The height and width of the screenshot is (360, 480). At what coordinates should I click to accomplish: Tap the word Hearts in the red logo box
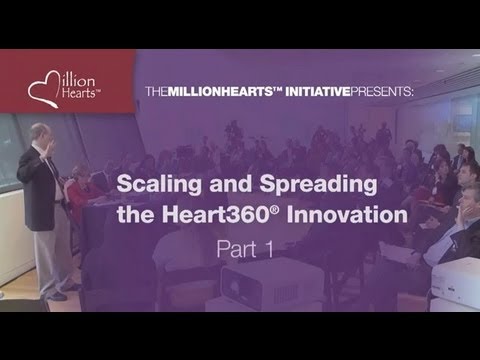(80, 93)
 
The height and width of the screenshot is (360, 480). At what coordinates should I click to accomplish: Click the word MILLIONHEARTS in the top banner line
(220, 91)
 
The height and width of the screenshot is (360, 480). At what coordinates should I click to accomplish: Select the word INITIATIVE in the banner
(317, 91)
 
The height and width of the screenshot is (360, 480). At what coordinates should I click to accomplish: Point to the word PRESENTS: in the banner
(382, 91)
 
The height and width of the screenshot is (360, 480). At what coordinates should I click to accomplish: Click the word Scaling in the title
(159, 185)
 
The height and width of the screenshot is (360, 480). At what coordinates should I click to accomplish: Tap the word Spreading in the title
(318, 185)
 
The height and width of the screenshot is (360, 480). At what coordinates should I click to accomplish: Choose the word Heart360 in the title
(215, 214)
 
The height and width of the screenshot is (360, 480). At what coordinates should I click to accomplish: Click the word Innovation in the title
(347, 214)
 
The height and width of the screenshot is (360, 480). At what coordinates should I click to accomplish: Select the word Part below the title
(237, 249)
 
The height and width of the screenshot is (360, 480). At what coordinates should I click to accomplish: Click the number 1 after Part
(269, 249)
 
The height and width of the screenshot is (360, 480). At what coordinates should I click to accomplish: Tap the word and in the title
(230, 184)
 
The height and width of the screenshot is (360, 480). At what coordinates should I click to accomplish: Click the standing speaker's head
(40, 133)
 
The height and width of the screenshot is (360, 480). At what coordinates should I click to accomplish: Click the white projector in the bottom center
(271, 282)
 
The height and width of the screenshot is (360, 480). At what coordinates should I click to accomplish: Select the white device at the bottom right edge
(456, 283)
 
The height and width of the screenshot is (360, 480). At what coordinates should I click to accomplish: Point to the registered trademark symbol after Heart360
(273, 210)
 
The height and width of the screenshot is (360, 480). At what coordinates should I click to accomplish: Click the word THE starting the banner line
(156, 91)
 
